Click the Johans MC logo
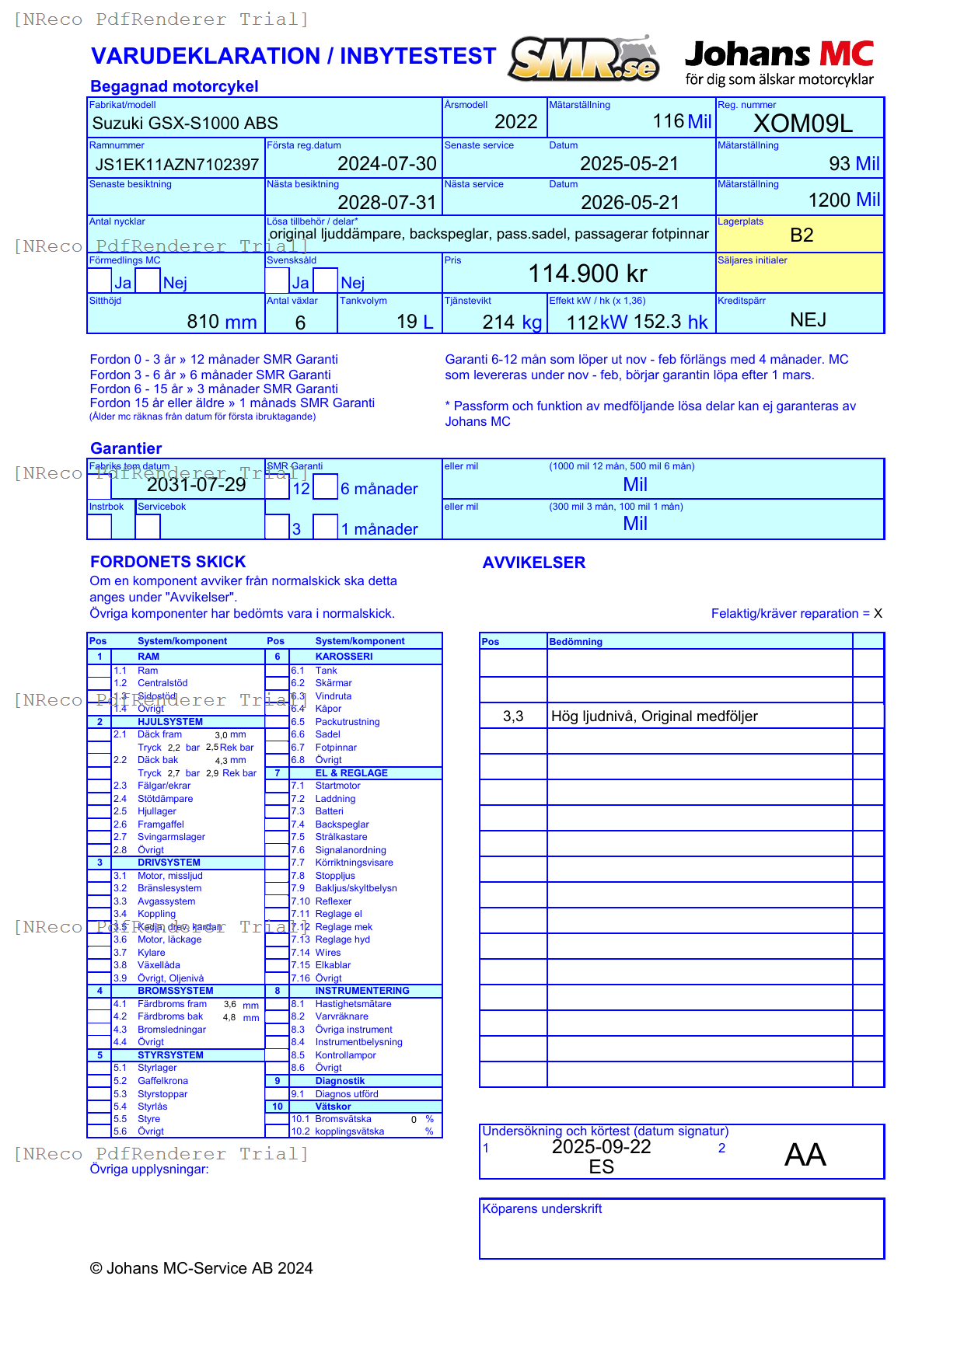point(779,62)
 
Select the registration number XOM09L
point(803,124)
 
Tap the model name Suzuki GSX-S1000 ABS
point(185,123)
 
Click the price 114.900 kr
point(588,274)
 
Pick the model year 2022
point(515,122)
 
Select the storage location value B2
point(801,235)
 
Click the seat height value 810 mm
point(222,321)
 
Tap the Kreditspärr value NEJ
point(808,320)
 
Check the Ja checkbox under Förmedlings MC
point(100,281)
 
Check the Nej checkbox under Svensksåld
point(326,281)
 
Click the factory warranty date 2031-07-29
point(196,485)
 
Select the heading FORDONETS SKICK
point(168,562)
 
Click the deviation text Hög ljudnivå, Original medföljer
point(654,716)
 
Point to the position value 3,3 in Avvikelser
point(513,716)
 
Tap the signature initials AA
point(805,1155)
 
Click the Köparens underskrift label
point(542,1209)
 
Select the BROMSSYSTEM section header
point(175,991)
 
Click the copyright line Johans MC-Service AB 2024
point(201,1268)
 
